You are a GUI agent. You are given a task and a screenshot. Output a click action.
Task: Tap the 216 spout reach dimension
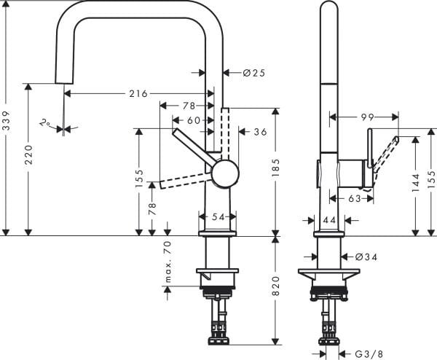click(x=138, y=93)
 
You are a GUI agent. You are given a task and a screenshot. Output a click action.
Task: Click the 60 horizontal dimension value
click(x=193, y=120)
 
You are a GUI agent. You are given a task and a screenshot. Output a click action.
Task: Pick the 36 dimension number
click(x=260, y=132)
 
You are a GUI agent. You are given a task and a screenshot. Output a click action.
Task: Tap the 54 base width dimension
click(x=218, y=217)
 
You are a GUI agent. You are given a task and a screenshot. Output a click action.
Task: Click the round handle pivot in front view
click(x=224, y=175)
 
